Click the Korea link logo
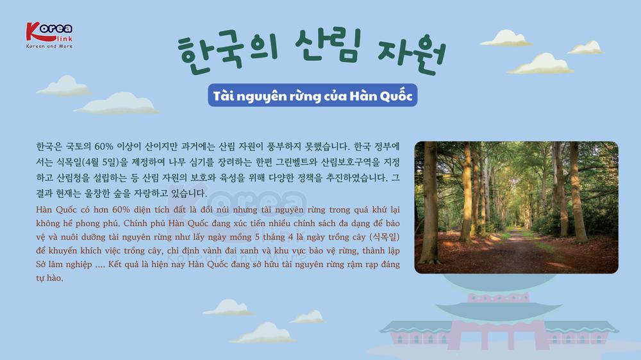(49, 35)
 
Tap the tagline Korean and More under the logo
(49, 46)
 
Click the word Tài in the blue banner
(223, 95)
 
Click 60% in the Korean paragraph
(103, 146)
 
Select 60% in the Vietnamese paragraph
(121, 209)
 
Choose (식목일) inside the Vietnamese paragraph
(384, 237)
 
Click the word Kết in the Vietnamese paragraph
(115, 264)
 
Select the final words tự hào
(49, 278)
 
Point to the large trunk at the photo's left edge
(429, 204)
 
